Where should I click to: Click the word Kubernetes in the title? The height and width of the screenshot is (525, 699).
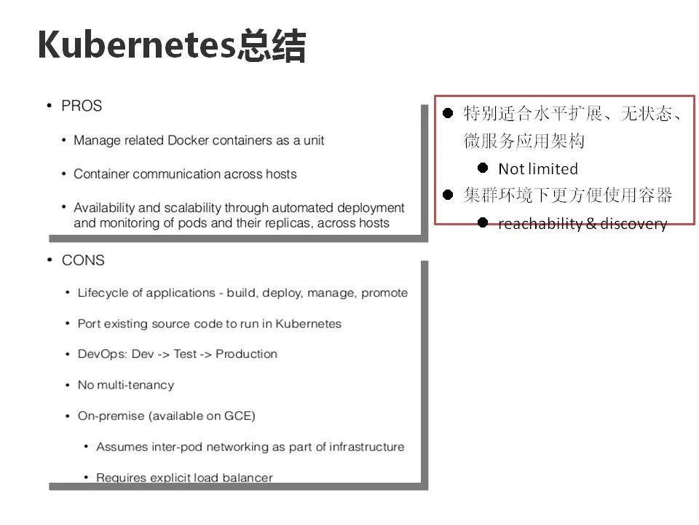136,44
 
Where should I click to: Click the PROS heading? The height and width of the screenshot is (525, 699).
82,106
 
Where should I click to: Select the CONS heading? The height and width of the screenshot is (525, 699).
83,260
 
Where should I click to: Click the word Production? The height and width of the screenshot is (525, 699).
247,354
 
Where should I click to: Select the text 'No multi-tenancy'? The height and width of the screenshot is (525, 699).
126,385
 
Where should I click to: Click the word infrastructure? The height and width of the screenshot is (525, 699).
367,446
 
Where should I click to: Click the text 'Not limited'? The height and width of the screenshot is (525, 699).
538,168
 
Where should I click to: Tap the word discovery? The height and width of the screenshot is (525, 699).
633,224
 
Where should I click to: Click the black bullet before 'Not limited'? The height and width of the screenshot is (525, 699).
483,168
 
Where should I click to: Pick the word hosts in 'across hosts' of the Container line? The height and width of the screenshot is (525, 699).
281,174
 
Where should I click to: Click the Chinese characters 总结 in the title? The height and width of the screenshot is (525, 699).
271,44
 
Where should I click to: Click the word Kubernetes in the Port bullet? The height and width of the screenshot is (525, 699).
309,324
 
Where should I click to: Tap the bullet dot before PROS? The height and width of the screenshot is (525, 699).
50,106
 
